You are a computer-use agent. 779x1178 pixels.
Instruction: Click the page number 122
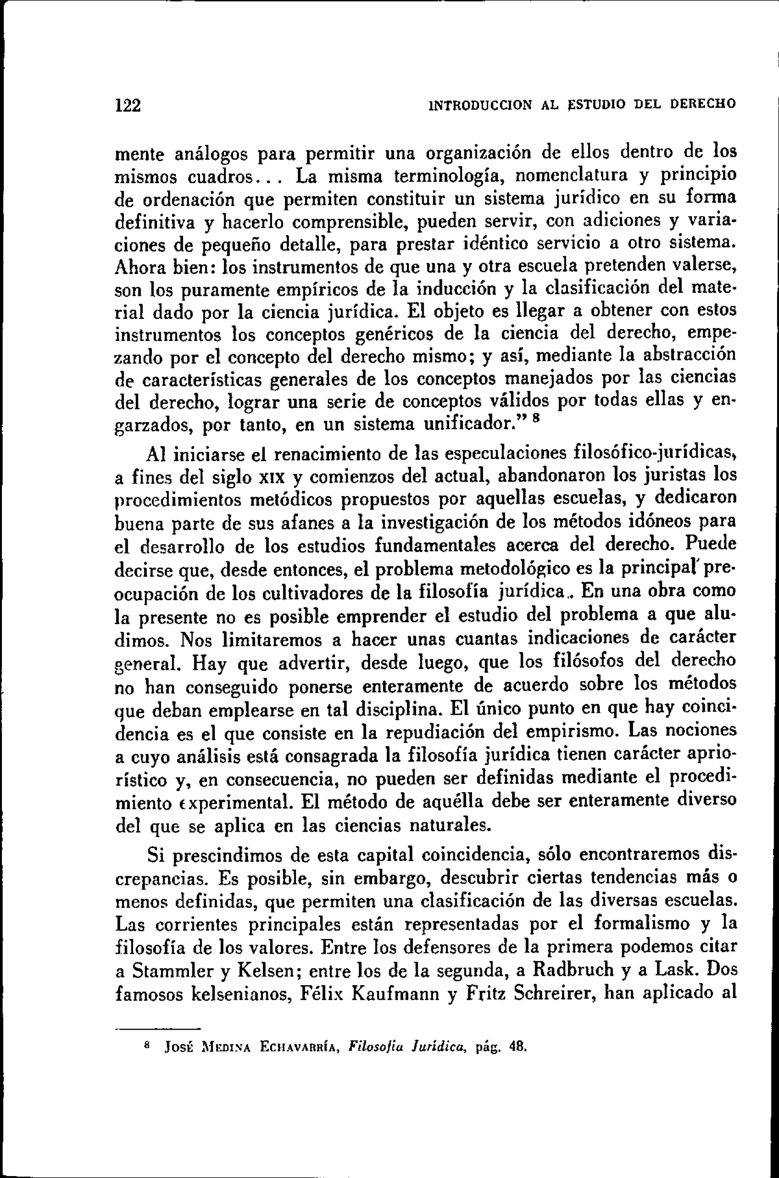128,106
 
